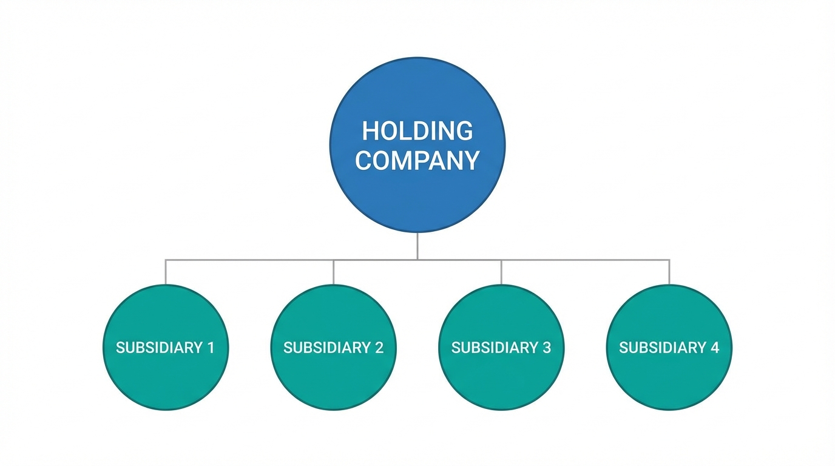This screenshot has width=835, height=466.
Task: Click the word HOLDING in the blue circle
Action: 417,131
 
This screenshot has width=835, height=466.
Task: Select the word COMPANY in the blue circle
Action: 417,161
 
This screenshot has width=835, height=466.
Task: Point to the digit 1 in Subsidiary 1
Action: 210,348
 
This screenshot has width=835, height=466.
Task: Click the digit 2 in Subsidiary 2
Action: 379,348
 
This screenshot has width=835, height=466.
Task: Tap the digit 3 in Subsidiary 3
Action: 547,348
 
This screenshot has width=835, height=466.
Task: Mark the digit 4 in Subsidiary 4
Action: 715,348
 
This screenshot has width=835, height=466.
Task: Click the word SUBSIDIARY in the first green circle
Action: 158,348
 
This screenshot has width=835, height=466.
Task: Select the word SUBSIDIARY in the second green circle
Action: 326,348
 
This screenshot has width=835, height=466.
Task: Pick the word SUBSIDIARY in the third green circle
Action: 495,348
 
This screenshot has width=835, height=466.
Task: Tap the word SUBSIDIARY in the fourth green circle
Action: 662,348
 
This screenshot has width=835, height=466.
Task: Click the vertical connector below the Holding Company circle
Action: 417,246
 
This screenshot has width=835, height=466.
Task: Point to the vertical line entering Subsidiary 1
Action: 166,272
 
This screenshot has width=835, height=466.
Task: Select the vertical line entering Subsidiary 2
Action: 333,272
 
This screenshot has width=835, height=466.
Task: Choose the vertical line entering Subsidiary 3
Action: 501,272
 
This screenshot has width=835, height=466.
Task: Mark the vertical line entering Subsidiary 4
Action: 669,272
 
